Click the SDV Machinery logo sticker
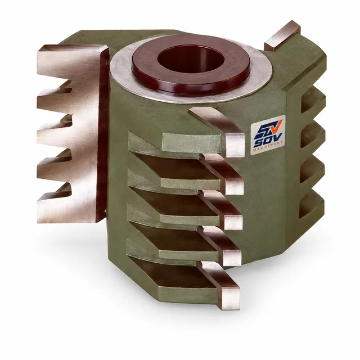[x=268, y=134]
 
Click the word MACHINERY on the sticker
[x=268, y=146]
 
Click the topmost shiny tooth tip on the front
[x=235, y=146]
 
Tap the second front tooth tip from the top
[x=234, y=186]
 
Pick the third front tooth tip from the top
[x=233, y=222]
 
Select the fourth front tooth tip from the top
[x=232, y=258]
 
